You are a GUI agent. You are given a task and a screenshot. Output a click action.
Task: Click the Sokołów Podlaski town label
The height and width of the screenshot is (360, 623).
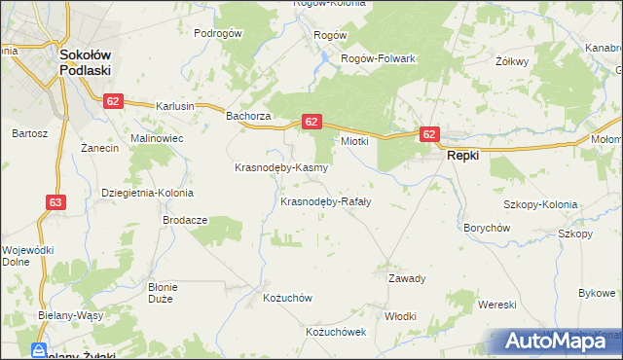tap(85, 63)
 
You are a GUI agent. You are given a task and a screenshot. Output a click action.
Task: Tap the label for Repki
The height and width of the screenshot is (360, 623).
tap(461, 155)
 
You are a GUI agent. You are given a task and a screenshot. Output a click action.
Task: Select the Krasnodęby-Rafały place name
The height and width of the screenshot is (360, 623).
tap(326, 202)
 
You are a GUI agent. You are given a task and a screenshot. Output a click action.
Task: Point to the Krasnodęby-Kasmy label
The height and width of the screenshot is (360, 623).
tap(281, 167)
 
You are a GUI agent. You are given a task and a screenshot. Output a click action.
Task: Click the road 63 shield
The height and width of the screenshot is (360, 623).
tap(56, 202)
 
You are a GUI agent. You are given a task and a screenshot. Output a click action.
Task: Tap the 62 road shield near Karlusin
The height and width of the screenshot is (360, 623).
tap(114, 101)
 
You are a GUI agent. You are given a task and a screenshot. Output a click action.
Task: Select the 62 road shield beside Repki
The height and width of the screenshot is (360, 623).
tap(429, 134)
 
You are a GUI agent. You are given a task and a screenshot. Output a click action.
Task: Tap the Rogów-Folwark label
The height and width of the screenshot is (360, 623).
tap(378, 58)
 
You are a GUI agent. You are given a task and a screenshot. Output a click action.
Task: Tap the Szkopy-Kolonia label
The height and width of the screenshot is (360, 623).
tap(539, 205)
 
